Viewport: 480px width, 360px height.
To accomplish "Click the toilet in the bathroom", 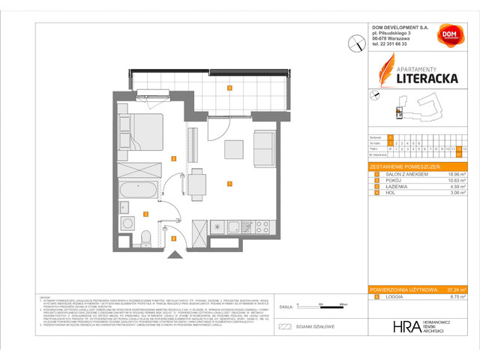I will pos(146,238).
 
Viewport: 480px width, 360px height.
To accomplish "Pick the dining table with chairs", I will pos(196,184).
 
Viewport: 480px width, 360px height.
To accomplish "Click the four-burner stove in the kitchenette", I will pos(262,224).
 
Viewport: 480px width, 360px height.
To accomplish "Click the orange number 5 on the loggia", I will pos(229,88).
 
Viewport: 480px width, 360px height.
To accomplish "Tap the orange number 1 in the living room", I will pos(229,183).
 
